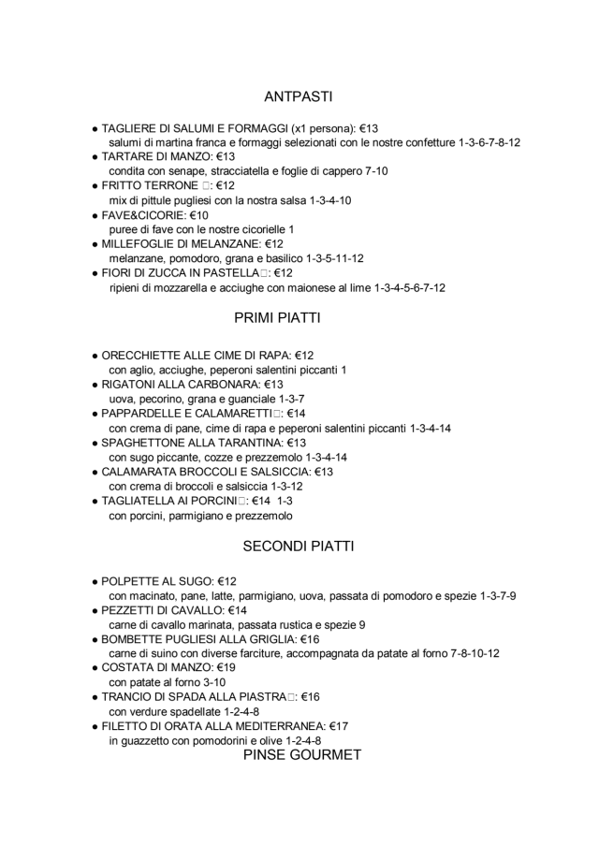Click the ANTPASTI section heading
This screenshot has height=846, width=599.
(x=299, y=95)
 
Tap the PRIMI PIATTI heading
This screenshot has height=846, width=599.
(x=277, y=318)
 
